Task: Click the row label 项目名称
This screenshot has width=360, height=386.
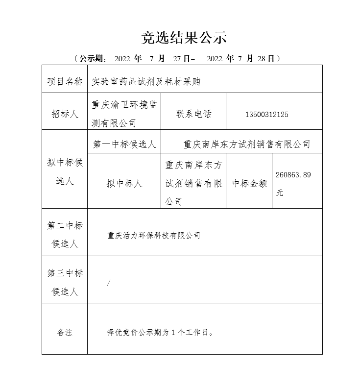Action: coord(65,81)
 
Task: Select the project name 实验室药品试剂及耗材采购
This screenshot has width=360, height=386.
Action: coord(146,81)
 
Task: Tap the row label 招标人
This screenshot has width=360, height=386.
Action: coord(65,114)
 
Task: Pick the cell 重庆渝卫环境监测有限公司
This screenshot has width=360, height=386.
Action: coord(124,114)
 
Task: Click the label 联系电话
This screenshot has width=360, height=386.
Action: coord(193,114)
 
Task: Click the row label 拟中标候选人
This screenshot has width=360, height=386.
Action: coord(65,172)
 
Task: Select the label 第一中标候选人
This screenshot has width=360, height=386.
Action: coord(124,145)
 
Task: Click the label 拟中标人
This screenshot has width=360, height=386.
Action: coord(124,184)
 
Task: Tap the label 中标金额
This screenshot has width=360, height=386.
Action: coord(249,184)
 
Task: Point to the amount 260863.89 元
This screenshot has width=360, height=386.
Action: coord(293,184)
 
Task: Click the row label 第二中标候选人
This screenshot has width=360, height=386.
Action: coord(65,235)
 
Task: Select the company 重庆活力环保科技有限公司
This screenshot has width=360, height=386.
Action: coord(154,236)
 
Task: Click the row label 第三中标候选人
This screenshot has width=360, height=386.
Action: coord(65,283)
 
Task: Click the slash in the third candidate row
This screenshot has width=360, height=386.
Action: coord(108,283)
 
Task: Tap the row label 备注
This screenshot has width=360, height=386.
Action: coord(65,333)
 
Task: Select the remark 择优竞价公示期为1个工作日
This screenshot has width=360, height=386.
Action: coord(160,333)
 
